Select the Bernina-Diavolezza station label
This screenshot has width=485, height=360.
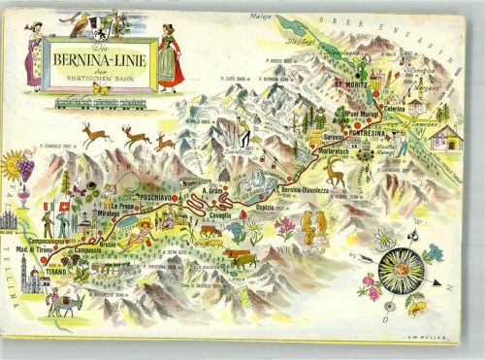click(x=306, y=190)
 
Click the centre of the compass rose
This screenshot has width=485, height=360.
click(x=400, y=263)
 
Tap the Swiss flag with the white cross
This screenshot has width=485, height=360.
click(x=63, y=206)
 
